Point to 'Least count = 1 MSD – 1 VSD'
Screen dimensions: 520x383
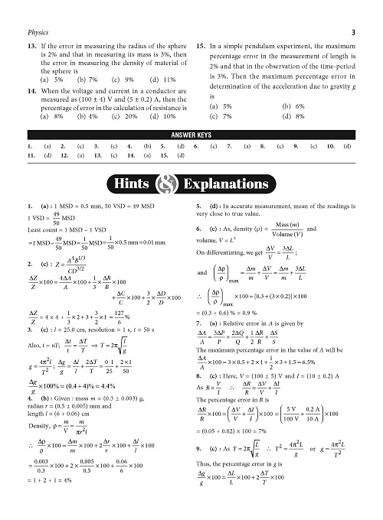(66, 229)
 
